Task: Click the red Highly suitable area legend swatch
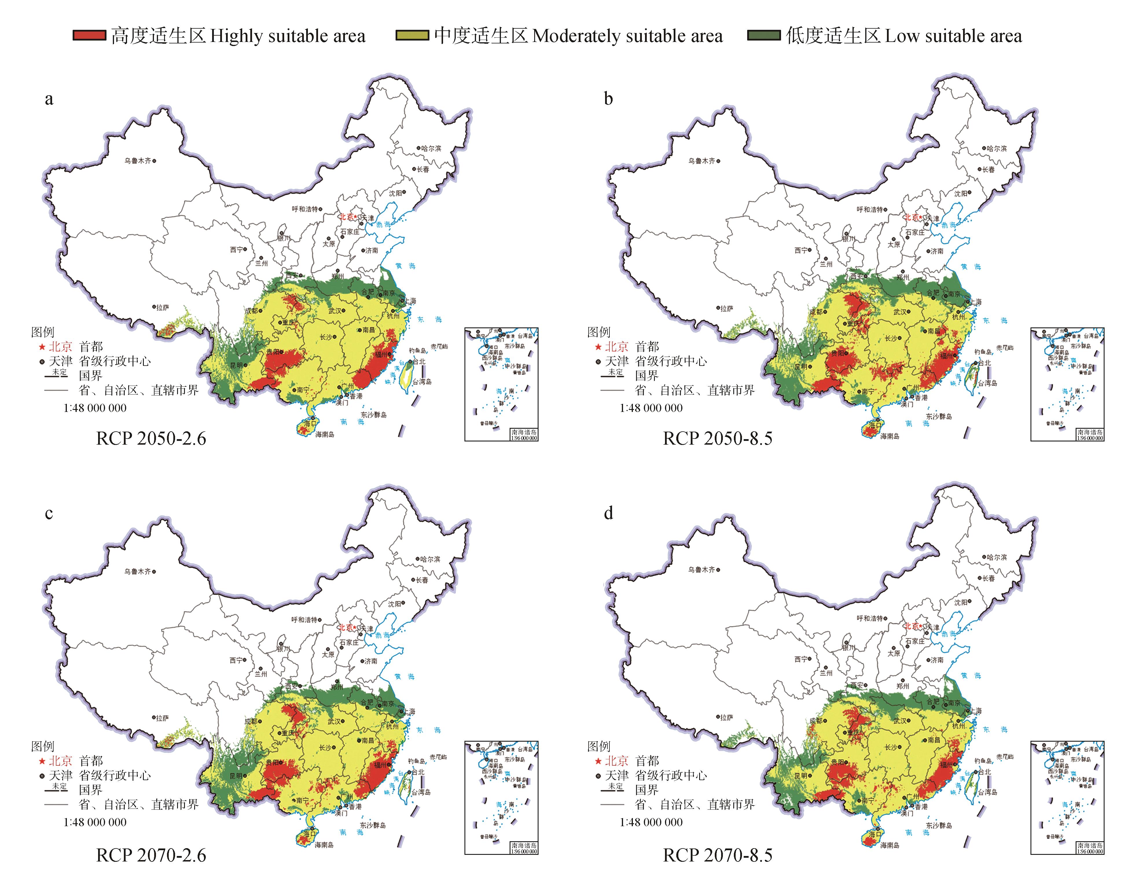click(x=89, y=35)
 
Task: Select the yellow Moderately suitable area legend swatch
click(x=412, y=35)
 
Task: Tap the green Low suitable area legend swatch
click(x=763, y=35)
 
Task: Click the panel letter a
click(x=49, y=99)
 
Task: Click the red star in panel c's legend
click(x=42, y=761)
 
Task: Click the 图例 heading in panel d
click(x=599, y=746)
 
